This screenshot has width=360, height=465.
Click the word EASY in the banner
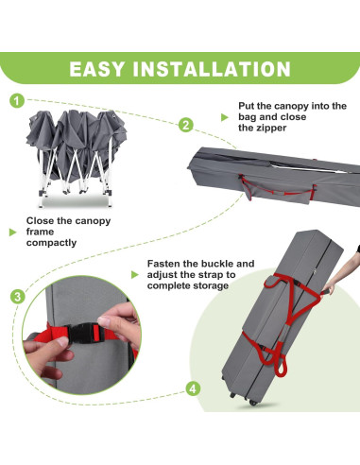(x=96, y=69)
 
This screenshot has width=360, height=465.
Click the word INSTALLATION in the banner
(x=212, y=69)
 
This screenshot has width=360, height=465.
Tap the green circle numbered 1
(x=17, y=101)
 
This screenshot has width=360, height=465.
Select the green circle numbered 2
(x=186, y=125)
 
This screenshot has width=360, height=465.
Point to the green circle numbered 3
(x=18, y=297)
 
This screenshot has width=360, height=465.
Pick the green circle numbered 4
(x=193, y=388)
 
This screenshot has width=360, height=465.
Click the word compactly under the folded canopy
(x=51, y=243)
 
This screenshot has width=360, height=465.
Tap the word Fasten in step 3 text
(x=163, y=264)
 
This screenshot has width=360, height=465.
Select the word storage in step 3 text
(x=213, y=285)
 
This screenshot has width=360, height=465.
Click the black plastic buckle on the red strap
(x=83, y=334)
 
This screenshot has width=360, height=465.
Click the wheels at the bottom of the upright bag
(x=243, y=398)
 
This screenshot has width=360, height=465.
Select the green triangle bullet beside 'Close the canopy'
(x=12, y=232)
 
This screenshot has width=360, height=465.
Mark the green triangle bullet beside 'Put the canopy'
(x=224, y=117)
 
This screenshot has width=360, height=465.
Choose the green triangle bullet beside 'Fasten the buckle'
(x=134, y=275)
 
